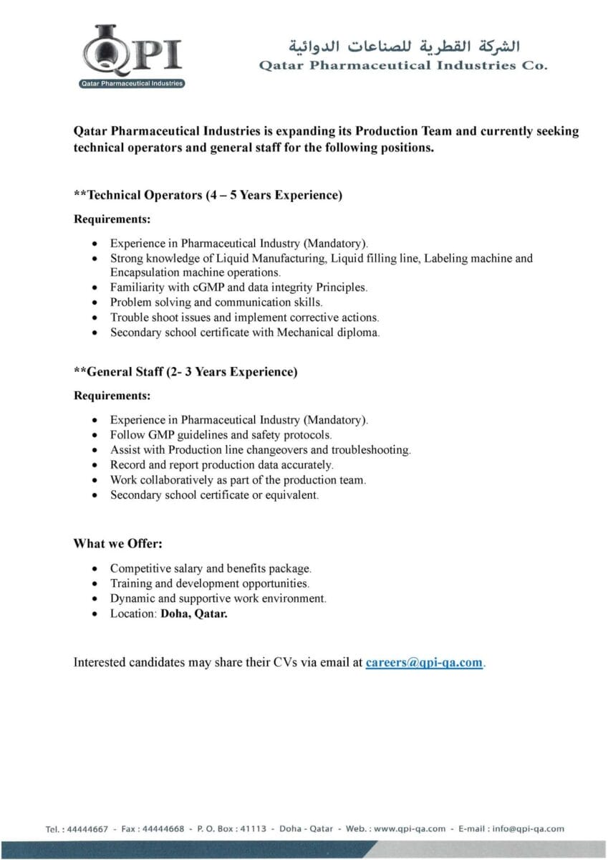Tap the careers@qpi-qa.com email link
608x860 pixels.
(x=424, y=663)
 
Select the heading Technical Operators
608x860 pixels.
(x=208, y=195)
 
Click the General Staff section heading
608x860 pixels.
(x=185, y=372)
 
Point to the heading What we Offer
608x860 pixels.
(x=118, y=544)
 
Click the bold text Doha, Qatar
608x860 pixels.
(x=194, y=613)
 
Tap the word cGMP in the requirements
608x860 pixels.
(x=208, y=287)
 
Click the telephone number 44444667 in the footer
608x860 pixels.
(x=87, y=829)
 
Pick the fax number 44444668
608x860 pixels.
(x=163, y=829)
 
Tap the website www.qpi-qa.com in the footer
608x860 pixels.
(x=410, y=829)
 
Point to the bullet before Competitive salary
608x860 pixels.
(x=95, y=569)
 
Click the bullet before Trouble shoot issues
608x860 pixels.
(x=95, y=317)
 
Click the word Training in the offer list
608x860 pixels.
(x=130, y=583)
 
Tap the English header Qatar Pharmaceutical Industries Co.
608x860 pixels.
(x=403, y=66)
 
